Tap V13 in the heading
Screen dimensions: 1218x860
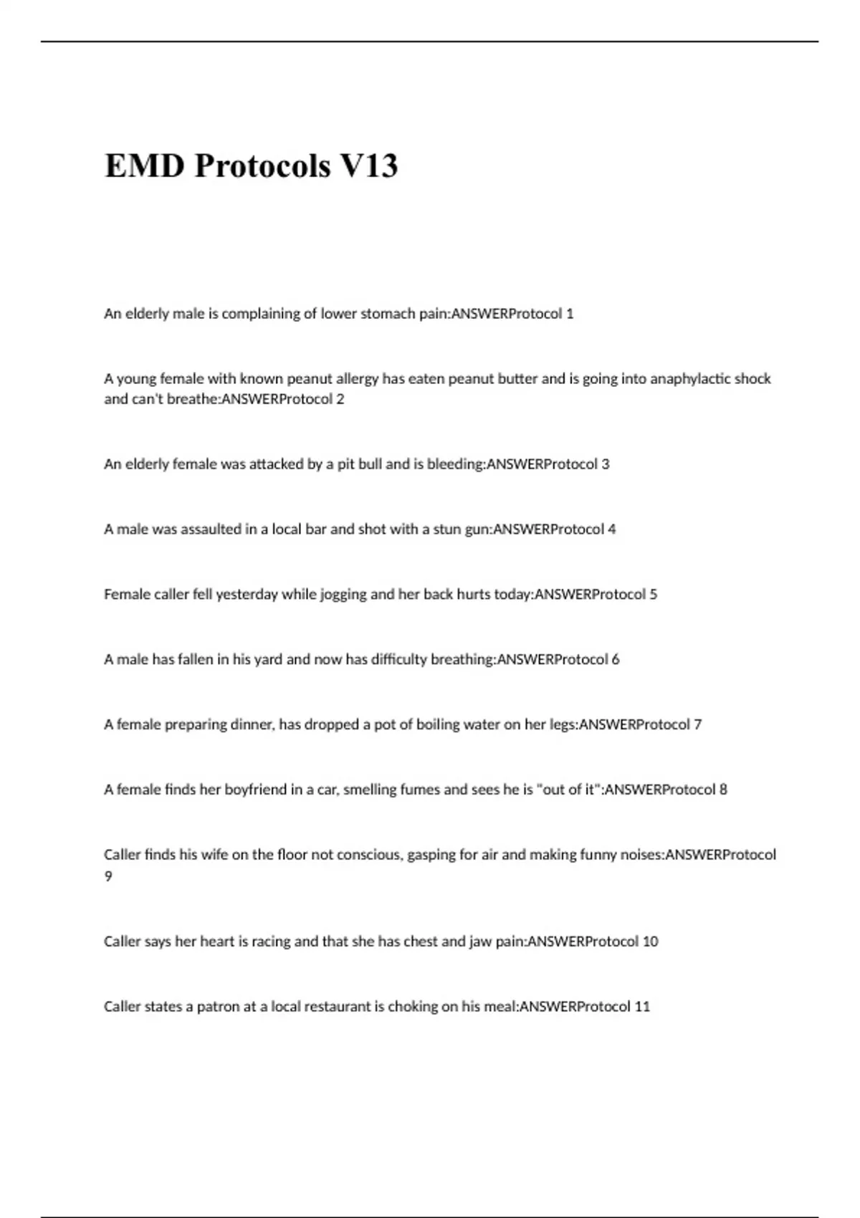368,166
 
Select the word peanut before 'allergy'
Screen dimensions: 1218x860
310,378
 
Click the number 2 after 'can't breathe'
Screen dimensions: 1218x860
340,399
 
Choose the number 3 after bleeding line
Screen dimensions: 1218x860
606,464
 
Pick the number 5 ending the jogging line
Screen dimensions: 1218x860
653,594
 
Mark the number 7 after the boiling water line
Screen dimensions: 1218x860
697,724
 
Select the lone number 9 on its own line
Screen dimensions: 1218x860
108,876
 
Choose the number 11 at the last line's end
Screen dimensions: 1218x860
642,1007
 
